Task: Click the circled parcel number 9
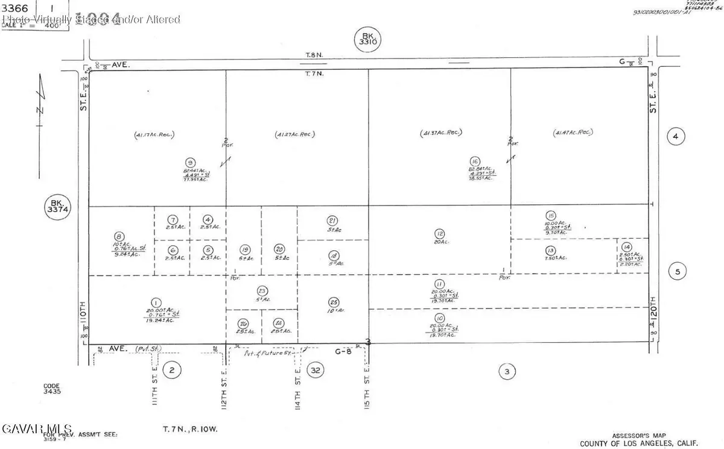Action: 190,162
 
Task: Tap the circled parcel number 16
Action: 475,161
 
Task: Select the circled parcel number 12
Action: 439,233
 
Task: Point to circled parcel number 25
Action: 333,302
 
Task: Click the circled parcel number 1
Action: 156,303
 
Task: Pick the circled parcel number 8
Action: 119,237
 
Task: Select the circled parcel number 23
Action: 262,290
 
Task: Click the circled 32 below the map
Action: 315,369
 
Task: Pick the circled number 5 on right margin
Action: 676,272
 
